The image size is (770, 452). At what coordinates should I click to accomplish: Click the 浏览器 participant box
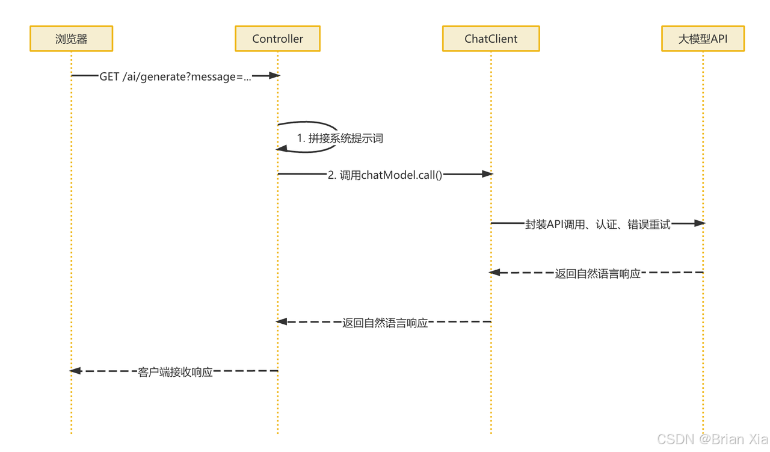tap(71, 39)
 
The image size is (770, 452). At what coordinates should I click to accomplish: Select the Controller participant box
tap(277, 39)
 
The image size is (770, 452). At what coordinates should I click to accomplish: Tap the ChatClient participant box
tap(491, 39)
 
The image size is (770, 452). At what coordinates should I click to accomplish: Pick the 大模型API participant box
tap(703, 39)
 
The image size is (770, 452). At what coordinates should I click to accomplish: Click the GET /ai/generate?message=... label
tap(175, 77)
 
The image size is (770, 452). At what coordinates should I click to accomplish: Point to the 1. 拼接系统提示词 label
tap(340, 138)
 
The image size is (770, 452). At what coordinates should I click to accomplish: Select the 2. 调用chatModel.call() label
tap(385, 175)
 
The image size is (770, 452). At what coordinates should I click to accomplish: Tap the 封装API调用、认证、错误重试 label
tap(597, 224)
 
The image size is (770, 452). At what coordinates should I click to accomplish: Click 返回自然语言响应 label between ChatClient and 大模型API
tap(597, 274)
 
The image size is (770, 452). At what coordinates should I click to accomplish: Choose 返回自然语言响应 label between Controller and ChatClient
tap(385, 323)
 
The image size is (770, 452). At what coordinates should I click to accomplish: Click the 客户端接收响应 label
tap(175, 373)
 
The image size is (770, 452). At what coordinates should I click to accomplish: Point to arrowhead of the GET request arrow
tap(275, 76)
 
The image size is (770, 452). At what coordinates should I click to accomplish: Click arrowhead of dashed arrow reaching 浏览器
tap(75, 371)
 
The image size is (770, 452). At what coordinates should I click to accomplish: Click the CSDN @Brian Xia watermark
tap(712, 439)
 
